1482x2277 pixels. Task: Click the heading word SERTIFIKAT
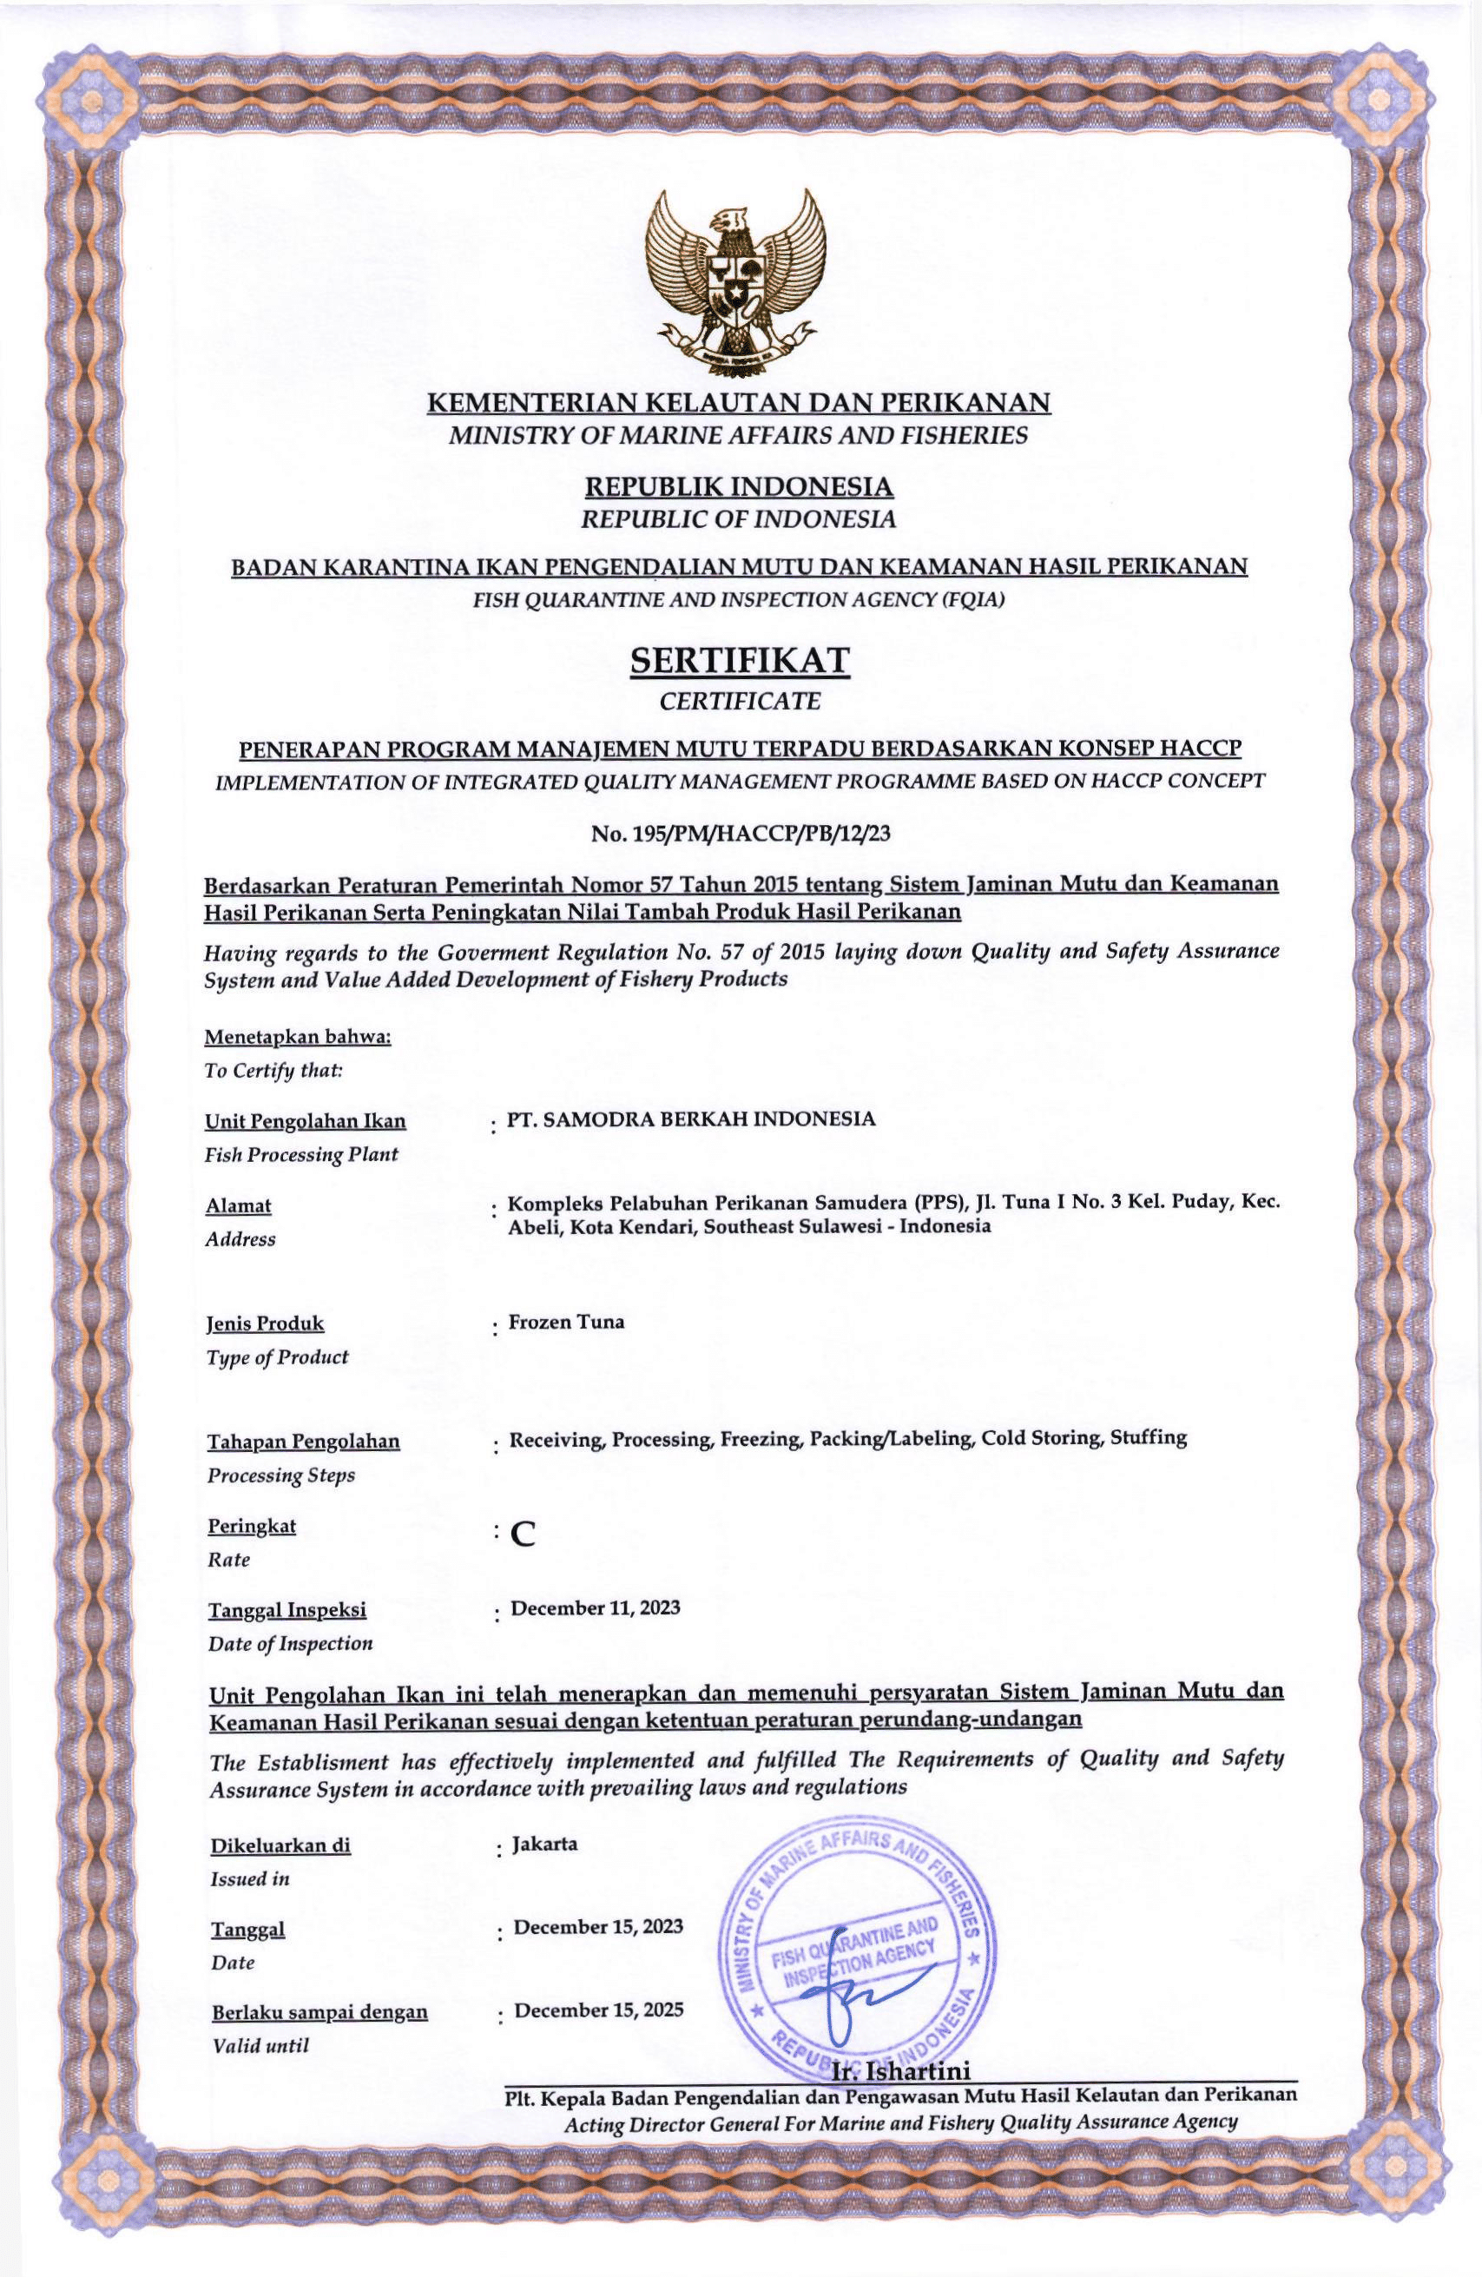pos(740,661)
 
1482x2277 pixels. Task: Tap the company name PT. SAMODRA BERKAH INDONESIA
pos(691,1119)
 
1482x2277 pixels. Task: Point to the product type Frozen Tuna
pos(566,1323)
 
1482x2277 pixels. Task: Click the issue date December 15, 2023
pos(598,1918)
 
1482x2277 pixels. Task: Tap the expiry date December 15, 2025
pos(599,2002)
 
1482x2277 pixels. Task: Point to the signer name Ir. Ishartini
pos(902,2071)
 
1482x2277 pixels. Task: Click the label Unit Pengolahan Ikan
pos(306,1120)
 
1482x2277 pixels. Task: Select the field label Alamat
pos(238,1206)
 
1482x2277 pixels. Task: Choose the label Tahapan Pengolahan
pos(303,1441)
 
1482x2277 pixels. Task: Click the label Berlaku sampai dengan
pos(319,2004)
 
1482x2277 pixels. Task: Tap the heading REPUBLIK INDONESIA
pos(740,488)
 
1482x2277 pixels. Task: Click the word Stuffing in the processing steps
pos(1148,1437)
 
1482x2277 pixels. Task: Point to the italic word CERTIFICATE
pos(740,702)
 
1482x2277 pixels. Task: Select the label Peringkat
pos(252,1526)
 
